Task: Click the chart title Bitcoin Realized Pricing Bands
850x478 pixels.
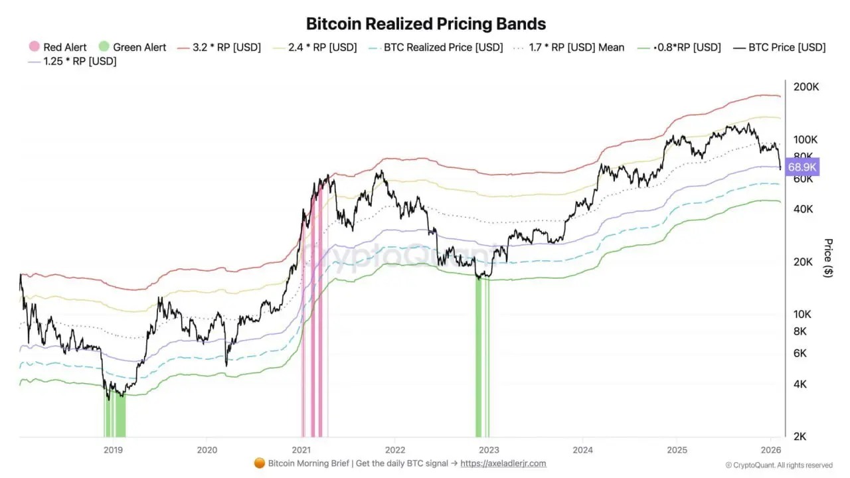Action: point(426,24)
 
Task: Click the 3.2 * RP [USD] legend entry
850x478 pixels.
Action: point(219,47)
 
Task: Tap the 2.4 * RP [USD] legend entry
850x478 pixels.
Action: point(315,47)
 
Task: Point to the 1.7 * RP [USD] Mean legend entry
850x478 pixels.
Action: point(570,47)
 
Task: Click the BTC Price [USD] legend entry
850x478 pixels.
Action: point(780,47)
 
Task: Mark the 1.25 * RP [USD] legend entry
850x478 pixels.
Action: point(72,62)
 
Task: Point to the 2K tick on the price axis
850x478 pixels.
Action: point(800,436)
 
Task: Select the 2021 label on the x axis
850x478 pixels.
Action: point(301,449)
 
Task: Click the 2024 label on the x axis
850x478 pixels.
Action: point(582,449)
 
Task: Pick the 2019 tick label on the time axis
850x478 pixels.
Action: point(113,449)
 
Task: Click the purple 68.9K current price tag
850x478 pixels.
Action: point(802,167)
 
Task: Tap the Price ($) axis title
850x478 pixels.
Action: point(827,258)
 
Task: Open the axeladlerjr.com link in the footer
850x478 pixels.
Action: point(503,463)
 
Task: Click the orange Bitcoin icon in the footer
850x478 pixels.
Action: point(260,463)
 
